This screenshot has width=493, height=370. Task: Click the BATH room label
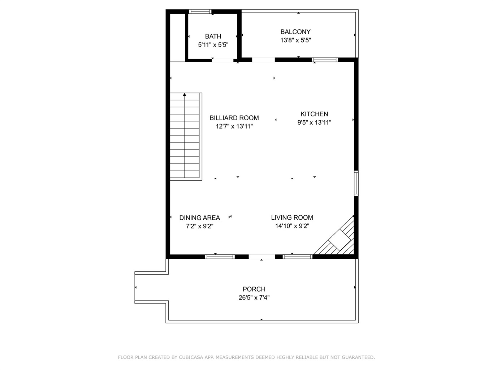[213, 36]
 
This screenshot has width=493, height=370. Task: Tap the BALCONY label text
[295, 32]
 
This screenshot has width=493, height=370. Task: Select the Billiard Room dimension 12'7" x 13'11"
[234, 126]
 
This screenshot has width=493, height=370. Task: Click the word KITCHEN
[314, 114]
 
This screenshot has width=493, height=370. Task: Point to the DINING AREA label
[199, 218]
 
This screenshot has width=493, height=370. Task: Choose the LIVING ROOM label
[292, 218]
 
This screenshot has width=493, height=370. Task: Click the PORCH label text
[254, 289]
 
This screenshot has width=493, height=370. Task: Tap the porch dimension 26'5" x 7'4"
[254, 298]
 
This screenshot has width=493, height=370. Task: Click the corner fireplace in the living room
[337, 238]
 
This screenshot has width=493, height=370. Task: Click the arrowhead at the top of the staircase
[185, 95]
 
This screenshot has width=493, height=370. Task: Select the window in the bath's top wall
[200, 12]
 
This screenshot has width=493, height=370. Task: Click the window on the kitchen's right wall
[356, 183]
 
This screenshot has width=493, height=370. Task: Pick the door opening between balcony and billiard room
[263, 60]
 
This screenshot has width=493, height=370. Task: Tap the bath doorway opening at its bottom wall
[223, 60]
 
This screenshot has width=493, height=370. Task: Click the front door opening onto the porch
[261, 257]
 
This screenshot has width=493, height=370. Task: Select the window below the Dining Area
[220, 257]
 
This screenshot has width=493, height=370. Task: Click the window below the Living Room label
[297, 257]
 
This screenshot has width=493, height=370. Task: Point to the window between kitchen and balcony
[325, 60]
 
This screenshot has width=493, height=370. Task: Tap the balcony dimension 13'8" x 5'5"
[295, 40]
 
